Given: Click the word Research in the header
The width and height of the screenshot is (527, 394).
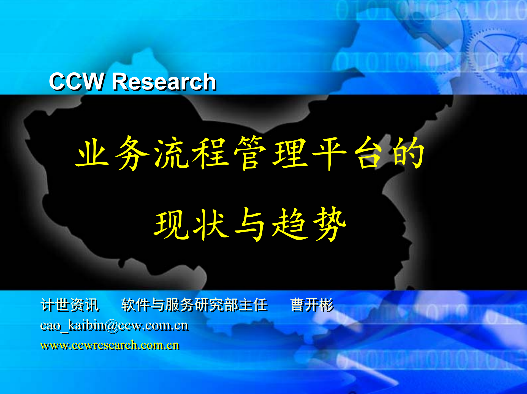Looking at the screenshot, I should [164, 82].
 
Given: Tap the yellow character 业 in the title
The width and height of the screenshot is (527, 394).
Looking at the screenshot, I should [92, 153].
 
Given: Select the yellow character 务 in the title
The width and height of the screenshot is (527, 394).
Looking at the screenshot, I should [132, 153].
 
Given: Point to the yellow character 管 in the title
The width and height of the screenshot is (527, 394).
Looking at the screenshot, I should [250, 153].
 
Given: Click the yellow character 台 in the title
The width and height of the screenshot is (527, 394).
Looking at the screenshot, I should [369, 153].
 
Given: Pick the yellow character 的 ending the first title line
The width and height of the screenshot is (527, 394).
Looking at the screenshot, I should [408, 153].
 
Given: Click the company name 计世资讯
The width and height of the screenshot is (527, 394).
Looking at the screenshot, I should [70, 305].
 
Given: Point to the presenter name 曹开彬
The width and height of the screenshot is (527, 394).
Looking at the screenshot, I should [312, 305].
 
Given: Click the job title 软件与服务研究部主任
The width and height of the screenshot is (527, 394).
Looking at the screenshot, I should [194, 305].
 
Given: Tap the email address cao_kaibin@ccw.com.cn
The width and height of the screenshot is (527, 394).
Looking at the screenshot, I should [114, 326].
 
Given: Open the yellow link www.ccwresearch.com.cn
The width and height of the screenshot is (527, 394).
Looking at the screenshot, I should [110, 345].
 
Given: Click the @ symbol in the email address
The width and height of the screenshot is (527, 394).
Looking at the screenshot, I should [112, 326].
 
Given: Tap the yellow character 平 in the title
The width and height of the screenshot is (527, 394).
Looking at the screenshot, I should [329, 153].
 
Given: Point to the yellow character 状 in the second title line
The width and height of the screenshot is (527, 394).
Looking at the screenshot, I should [211, 224].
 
